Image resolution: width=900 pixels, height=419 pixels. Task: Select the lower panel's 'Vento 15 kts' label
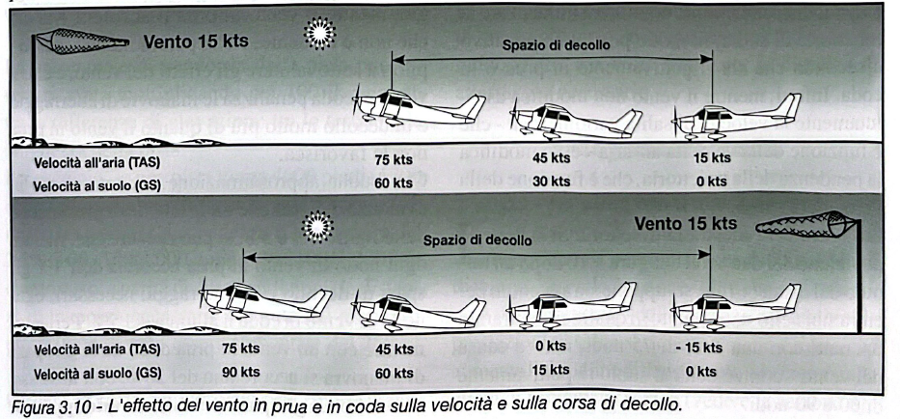[685, 224]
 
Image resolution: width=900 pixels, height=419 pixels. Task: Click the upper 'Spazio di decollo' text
[551, 44]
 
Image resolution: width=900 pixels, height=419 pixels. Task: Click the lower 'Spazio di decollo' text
[477, 239]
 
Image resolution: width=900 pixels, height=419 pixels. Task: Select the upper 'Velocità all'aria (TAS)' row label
[95, 162]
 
